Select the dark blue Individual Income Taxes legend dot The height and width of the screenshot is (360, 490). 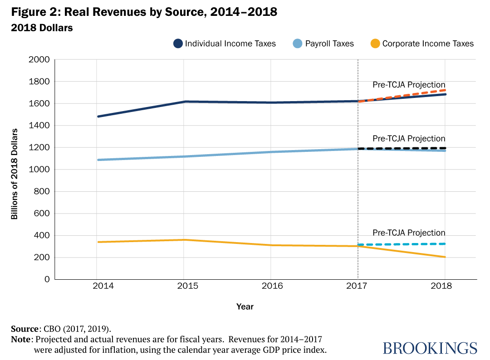pyautogui.click(x=178, y=44)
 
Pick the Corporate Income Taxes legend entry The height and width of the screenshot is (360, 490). pyautogui.click(x=428, y=44)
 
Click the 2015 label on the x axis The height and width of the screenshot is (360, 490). pyautogui.click(x=184, y=287)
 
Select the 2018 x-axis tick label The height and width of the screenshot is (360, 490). pyautogui.click(x=445, y=287)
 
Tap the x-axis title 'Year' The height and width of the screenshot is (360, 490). pyautogui.click(x=245, y=307)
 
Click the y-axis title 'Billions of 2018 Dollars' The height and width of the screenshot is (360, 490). pyautogui.click(x=15, y=174)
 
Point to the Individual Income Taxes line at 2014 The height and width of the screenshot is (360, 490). pyautogui.click(x=98, y=117)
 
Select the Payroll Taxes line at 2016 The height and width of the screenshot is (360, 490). pyautogui.click(x=271, y=152)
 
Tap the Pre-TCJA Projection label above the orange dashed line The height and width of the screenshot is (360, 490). pyautogui.click(x=409, y=85)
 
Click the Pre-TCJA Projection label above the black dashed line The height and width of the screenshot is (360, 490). pyautogui.click(x=409, y=139)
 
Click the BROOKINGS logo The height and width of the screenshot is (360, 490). pyautogui.click(x=430, y=348)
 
